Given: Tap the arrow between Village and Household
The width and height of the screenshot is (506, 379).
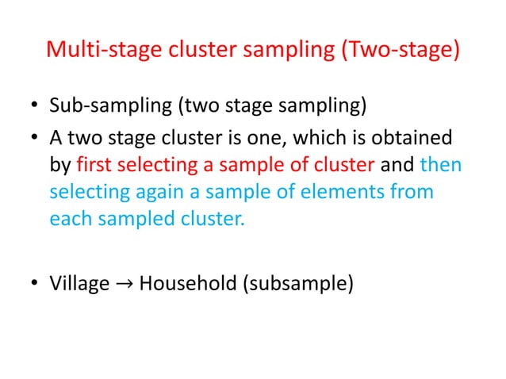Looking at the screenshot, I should click(125, 283).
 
